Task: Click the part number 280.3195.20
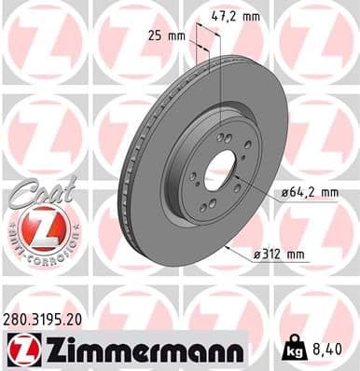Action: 43,320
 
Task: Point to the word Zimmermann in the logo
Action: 138,352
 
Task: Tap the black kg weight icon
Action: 292,351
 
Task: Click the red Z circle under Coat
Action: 37,227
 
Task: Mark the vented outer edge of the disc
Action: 130,168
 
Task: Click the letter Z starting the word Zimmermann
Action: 44,352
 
